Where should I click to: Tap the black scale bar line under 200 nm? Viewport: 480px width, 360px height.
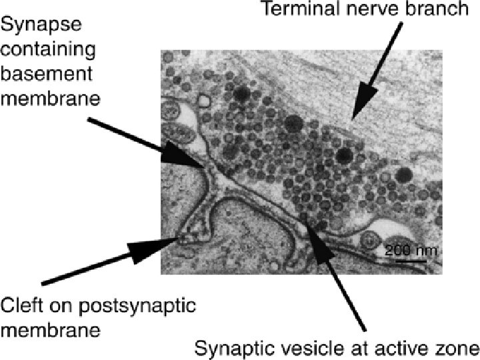(x=409, y=261)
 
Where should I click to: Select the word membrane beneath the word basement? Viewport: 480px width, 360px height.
(x=50, y=99)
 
